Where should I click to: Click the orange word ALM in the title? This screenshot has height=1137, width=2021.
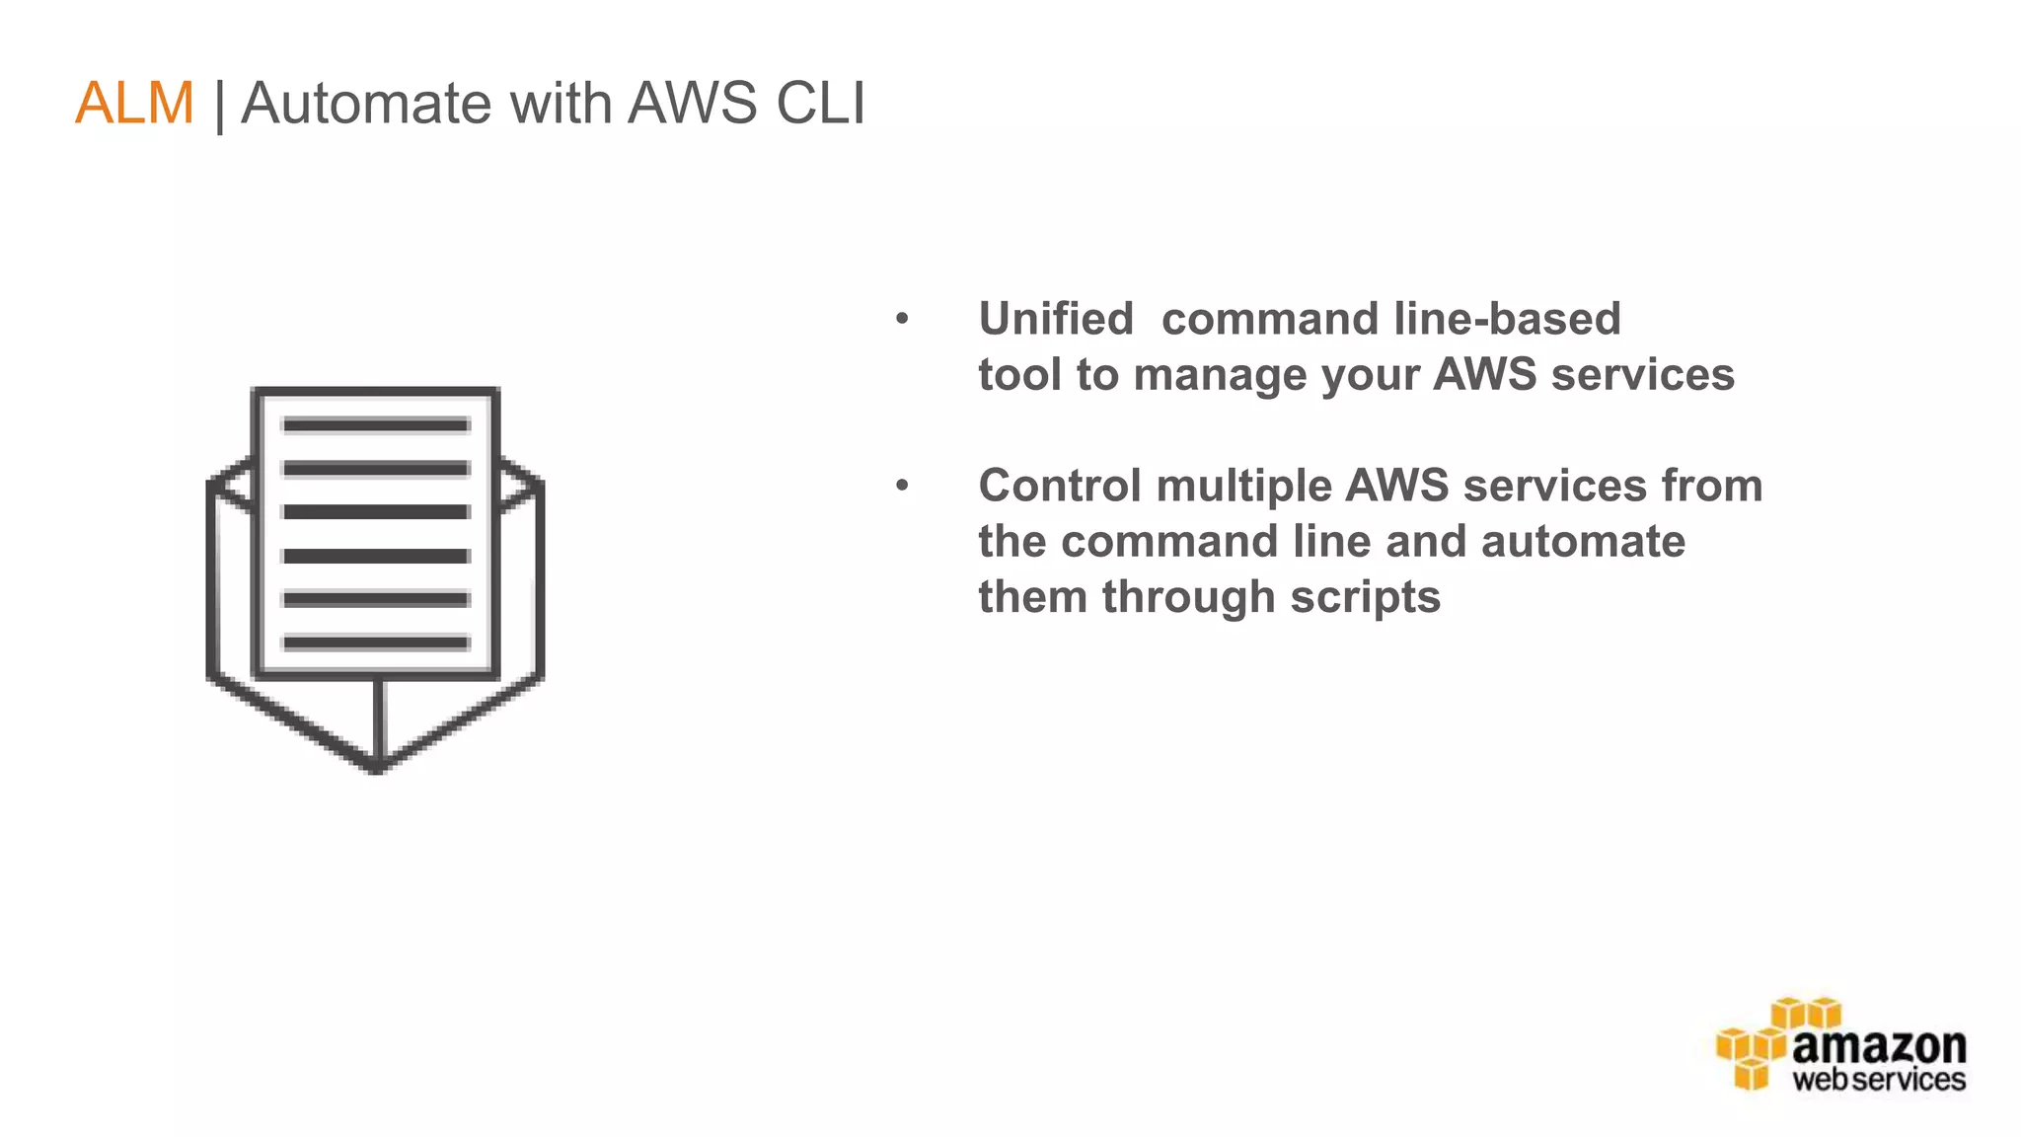pyautogui.click(x=134, y=103)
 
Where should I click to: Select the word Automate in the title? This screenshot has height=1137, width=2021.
pyautogui.click(x=365, y=103)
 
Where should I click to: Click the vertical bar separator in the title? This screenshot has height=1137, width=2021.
pyautogui.click(x=219, y=105)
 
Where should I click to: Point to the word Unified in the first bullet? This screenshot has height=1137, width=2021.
pyautogui.click(x=1055, y=319)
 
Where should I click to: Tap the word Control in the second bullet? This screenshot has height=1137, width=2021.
pyautogui.click(x=1058, y=486)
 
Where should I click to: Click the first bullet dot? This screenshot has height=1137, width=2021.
pyautogui.click(x=902, y=319)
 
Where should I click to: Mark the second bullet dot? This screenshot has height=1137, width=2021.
pyautogui.click(x=902, y=486)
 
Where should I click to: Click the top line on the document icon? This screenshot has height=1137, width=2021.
pyautogui.click(x=376, y=425)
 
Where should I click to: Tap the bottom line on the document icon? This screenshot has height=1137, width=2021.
pyautogui.click(x=376, y=644)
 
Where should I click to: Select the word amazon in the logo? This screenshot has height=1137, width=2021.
pyautogui.click(x=1878, y=1045)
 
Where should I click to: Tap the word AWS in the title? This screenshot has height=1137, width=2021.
pyautogui.click(x=692, y=103)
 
